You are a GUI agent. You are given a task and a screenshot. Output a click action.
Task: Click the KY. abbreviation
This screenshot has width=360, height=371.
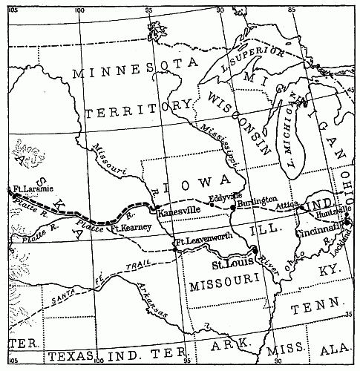(x=328, y=272)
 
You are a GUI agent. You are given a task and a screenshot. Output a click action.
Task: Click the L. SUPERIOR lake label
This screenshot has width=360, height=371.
(x=255, y=56)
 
